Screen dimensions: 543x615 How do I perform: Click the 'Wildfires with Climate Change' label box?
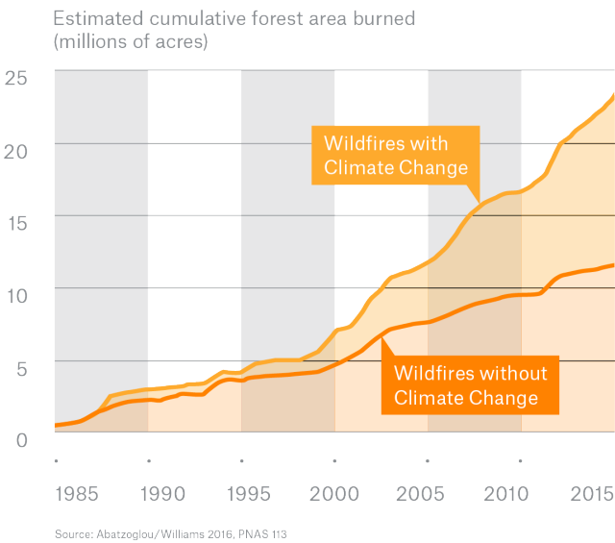click(x=394, y=156)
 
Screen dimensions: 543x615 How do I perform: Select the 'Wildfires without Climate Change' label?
click(x=470, y=384)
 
